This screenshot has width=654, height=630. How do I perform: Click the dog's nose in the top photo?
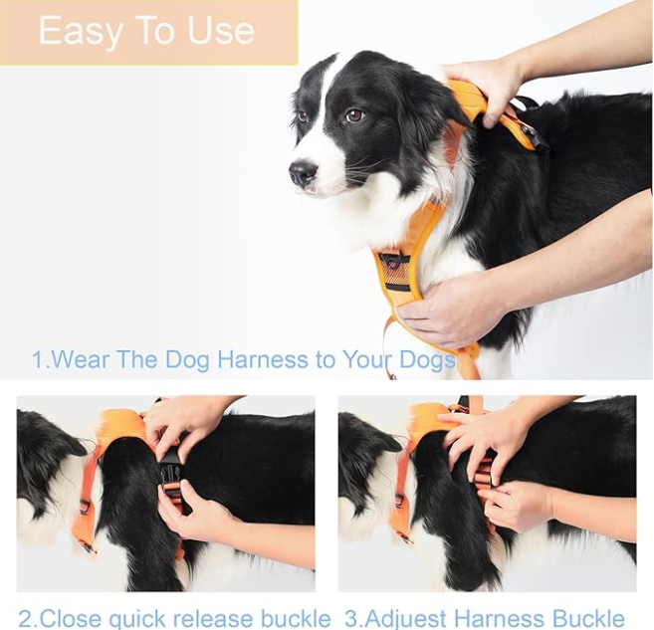pos(302,174)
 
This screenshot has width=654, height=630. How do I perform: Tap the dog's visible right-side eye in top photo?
pos(353,116)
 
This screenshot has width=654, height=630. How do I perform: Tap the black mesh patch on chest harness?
pos(395,267)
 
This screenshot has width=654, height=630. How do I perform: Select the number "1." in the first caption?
pos(40,359)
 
